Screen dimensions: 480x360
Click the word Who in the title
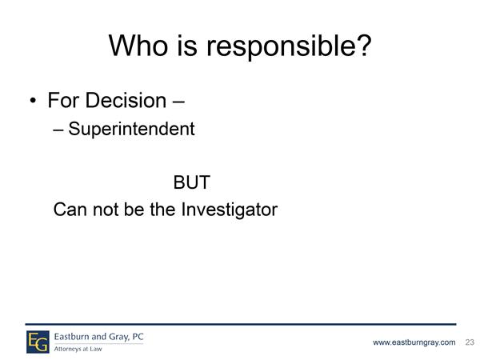click(138, 46)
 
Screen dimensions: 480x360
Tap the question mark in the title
click(362, 45)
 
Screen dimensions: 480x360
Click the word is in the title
click(187, 46)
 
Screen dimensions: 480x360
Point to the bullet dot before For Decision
click(33, 101)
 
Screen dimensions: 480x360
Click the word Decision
click(126, 100)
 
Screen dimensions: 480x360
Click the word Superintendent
click(131, 129)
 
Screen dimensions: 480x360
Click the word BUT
click(192, 182)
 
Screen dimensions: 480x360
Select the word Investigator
click(230, 210)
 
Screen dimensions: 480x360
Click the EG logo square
click(38, 342)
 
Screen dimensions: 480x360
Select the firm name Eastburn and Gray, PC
click(99, 337)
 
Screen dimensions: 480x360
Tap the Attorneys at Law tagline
click(78, 349)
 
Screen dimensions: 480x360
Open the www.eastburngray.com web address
click(414, 342)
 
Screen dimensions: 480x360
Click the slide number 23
click(470, 342)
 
